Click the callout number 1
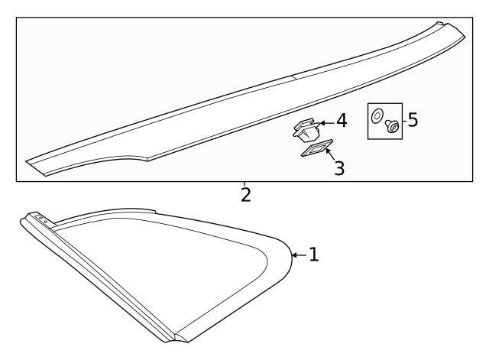pyautogui.click(x=314, y=255)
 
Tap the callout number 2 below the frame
pyautogui.click(x=246, y=195)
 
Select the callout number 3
pyautogui.click(x=339, y=168)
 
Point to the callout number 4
pyautogui.click(x=342, y=121)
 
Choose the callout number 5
pyautogui.click(x=413, y=120)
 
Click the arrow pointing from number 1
pyautogui.click(x=300, y=255)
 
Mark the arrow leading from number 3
pyautogui.click(x=330, y=154)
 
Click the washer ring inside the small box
pyautogui.click(x=377, y=116)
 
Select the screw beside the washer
pyautogui.click(x=392, y=125)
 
